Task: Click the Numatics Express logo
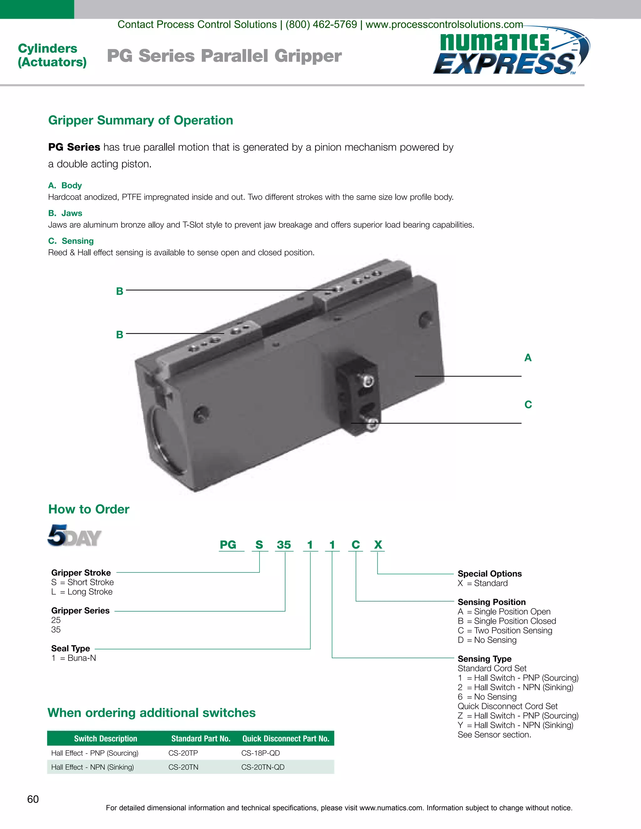pyautogui.click(x=511, y=52)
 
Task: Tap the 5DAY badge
pyautogui.click(x=74, y=536)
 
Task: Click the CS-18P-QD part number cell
pyautogui.click(x=260, y=753)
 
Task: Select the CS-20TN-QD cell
pyautogui.click(x=263, y=767)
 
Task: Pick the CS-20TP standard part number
pyautogui.click(x=183, y=753)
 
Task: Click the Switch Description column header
pyautogui.click(x=105, y=739)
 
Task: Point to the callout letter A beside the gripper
pyautogui.click(x=528, y=358)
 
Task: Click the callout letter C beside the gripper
pyautogui.click(x=528, y=404)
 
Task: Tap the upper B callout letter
pyautogui.click(x=120, y=292)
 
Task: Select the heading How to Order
pyautogui.click(x=89, y=509)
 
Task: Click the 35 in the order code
pyautogui.click(x=284, y=545)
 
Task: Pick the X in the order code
pyautogui.click(x=378, y=545)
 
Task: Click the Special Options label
pyautogui.click(x=490, y=573)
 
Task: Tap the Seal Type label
pyautogui.click(x=71, y=648)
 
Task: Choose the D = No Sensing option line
pyautogui.click(x=487, y=640)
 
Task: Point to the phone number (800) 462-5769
pyautogui.click(x=321, y=25)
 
